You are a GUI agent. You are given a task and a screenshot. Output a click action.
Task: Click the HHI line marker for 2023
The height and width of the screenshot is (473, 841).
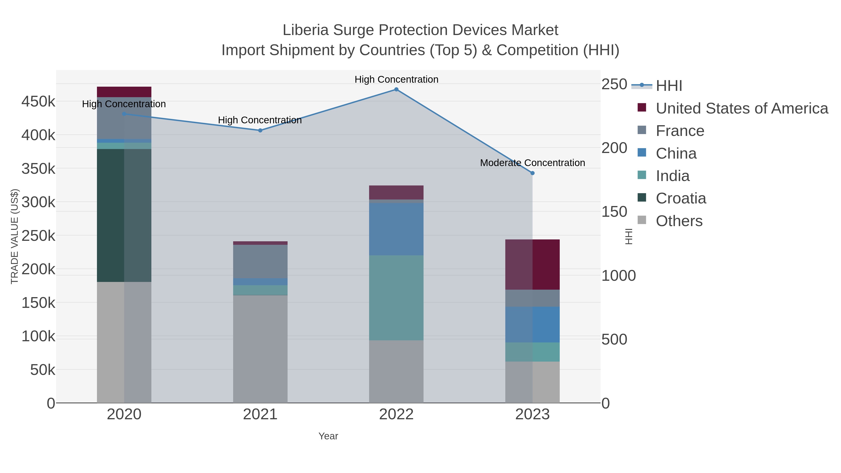(532, 173)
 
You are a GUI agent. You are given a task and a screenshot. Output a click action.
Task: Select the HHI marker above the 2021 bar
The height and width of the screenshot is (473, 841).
(260, 130)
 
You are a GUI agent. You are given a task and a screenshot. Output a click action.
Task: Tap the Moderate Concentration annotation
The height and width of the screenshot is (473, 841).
(532, 163)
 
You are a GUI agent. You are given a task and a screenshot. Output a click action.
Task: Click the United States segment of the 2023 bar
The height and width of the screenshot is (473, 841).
(532, 264)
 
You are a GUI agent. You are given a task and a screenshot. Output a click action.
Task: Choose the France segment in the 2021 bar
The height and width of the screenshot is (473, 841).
(260, 261)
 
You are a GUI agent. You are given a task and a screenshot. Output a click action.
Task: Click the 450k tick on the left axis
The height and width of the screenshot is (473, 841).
(38, 102)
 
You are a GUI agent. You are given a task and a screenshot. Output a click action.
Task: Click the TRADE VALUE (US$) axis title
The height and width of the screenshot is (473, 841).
(15, 236)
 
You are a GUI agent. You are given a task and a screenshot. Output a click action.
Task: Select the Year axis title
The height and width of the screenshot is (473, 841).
(328, 436)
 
